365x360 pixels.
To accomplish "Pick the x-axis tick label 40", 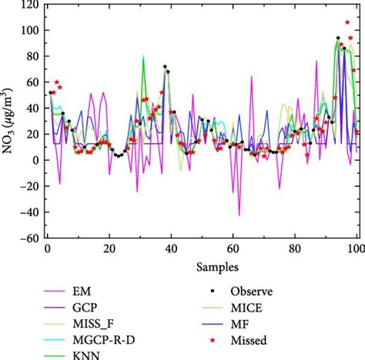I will pos(171,250).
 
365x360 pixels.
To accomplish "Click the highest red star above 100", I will pos(347,23).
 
